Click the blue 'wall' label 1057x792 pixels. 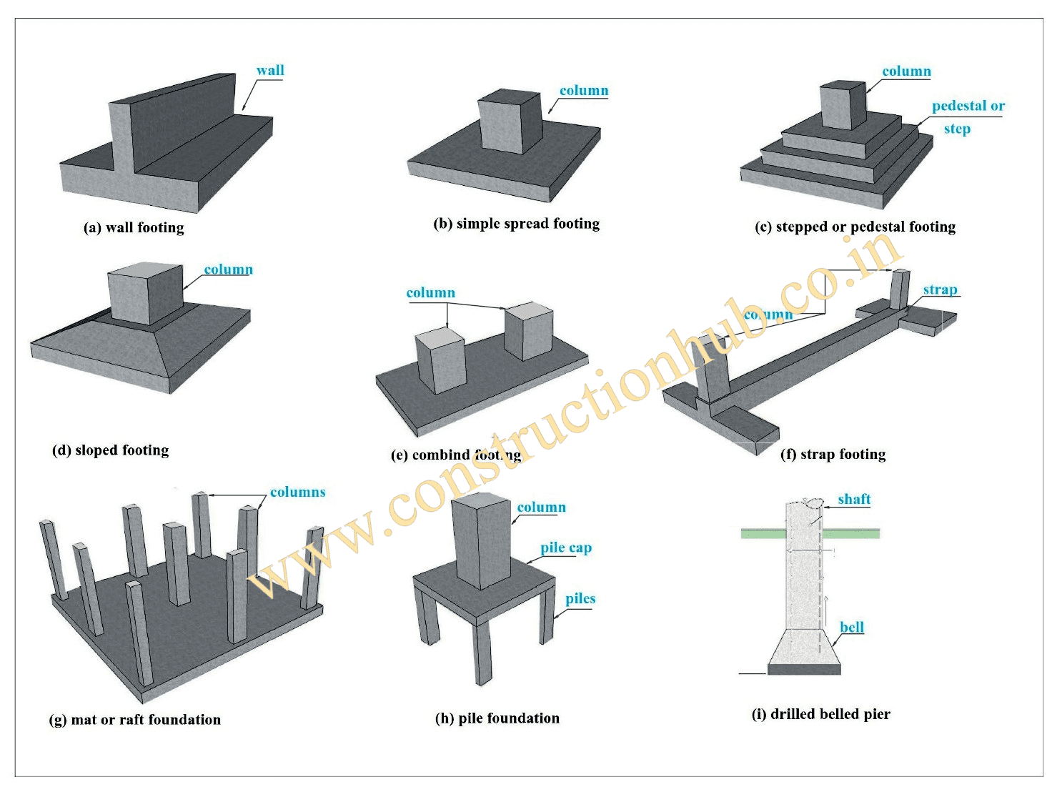coord(270,70)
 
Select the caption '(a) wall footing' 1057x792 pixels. coord(134,227)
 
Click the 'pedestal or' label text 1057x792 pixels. coord(968,106)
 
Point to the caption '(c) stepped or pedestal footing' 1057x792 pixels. coord(855,227)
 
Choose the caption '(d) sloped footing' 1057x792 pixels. coord(111,450)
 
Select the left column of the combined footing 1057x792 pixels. coord(440,362)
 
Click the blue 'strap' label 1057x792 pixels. coord(939,289)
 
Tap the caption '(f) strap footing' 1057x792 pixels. coord(833,454)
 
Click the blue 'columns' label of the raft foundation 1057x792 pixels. coord(297,492)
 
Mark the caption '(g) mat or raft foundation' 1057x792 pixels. coord(135,719)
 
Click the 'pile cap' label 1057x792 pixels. coord(565,548)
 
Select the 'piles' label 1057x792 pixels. coord(580,598)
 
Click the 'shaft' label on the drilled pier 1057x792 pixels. coord(854,499)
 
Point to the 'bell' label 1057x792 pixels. coord(851,627)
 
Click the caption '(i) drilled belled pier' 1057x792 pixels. coord(821,713)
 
